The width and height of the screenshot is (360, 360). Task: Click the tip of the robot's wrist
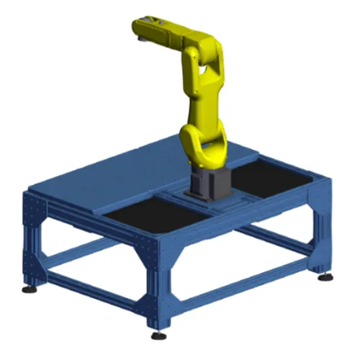(x=139, y=28)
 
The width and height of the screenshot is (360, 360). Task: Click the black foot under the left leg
(x=30, y=289)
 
